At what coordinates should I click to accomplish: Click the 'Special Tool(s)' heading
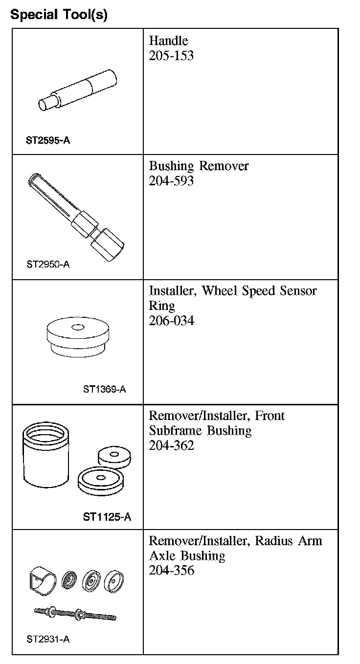(59, 15)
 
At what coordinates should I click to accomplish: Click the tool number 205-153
(171, 55)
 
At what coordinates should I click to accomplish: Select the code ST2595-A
(48, 140)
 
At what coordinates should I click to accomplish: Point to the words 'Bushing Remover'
(199, 166)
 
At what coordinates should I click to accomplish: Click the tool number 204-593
(171, 181)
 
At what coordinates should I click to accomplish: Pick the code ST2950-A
(48, 265)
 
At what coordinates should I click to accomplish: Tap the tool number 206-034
(171, 321)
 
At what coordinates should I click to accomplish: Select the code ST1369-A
(104, 390)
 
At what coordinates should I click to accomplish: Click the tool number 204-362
(171, 445)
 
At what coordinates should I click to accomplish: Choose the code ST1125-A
(107, 517)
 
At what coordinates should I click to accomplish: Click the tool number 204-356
(171, 570)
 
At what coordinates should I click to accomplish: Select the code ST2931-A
(48, 639)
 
